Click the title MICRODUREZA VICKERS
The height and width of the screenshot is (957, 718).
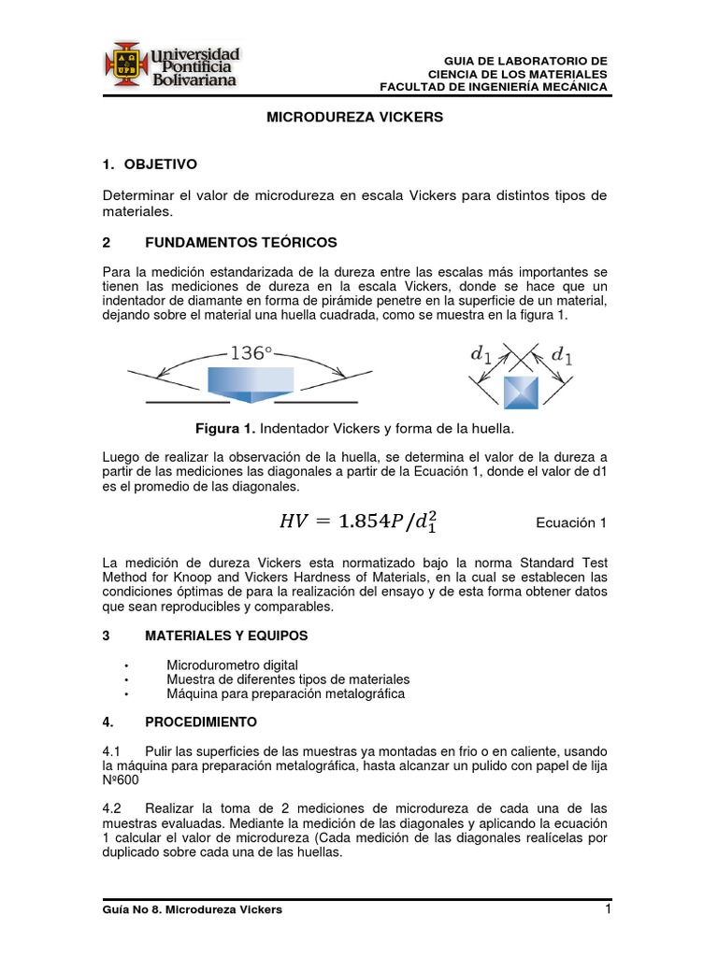pyautogui.click(x=355, y=118)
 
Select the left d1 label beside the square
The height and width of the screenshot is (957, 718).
pyautogui.click(x=480, y=354)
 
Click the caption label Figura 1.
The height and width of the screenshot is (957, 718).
pyautogui.click(x=225, y=428)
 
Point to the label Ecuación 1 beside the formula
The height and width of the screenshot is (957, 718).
pyautogui.click(x=570, y=523)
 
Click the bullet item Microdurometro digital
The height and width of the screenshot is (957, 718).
pyautogui.click(x=220, y=664)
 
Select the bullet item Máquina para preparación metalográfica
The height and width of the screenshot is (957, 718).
pyautogui.click(x=285, y=694)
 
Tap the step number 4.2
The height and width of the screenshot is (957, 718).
pyautogui.click(x=112, y=807)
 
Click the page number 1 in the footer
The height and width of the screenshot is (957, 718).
pyautogui.click(x=608, y=909)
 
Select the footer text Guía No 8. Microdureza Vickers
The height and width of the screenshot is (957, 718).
pyautogui.click(x=193, y=909)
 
